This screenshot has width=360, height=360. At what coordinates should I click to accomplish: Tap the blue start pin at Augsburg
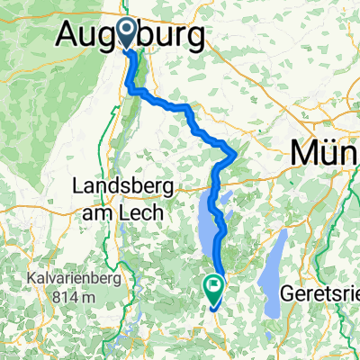click(x=125, y=33)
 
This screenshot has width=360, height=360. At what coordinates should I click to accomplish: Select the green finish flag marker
click(x=214, y=288)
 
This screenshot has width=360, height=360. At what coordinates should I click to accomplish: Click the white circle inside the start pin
click(x=125, y=32)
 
